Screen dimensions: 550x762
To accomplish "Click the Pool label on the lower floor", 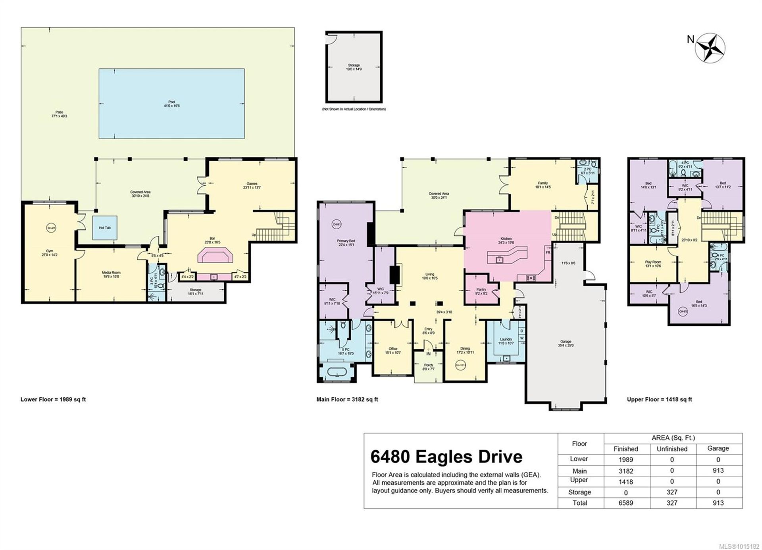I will [x=171, y=104].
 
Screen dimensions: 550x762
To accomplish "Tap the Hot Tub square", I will [x=105, y=228].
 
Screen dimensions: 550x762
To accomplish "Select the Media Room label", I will [x=111, y=274].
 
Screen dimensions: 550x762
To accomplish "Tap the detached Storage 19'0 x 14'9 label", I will [x=354, y=67].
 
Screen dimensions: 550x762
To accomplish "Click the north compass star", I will [x=710, y=48].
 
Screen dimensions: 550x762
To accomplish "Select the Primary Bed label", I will [x=346, y=243].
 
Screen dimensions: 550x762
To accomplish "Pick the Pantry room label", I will [x=481, y=291].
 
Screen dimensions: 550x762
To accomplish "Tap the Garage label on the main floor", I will [x=566, y=343].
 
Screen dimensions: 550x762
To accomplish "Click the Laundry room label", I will [x=506, y=341].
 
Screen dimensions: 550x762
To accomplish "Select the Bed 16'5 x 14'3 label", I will [x=699, y=304].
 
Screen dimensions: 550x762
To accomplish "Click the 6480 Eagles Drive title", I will [x=446, y=457].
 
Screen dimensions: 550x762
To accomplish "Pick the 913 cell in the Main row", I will [x=718, y=471].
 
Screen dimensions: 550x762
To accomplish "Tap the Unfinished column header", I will [x=672, y=449].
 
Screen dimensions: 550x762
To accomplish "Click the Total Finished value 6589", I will [x=626, y=503].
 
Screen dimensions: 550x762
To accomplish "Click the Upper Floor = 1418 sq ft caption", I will [x=659, y=400].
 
